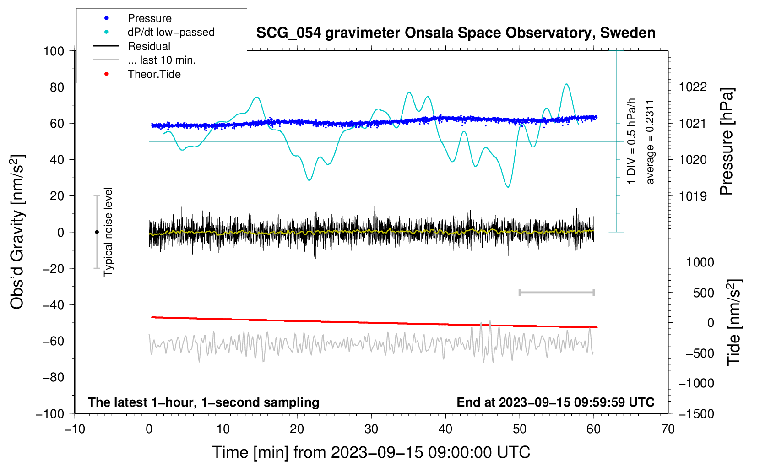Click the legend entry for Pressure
[149, 18]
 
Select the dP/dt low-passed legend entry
[171, 32]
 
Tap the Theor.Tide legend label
[154, 74]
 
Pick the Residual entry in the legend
[149, 46]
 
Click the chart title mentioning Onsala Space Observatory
[456, 33]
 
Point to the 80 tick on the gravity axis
[57, 87]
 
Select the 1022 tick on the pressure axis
[693, 87]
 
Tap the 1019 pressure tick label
[693, 196]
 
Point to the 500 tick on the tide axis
[703, 293]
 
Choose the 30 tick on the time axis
[371, 429]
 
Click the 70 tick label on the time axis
[668, 429]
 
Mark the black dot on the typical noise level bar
[97, 232]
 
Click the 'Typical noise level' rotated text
[108, 232]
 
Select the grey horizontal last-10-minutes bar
[556, 292]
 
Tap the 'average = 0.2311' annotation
[650, 142]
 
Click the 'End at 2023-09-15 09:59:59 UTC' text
[555, 402]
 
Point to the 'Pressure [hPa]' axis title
[727, 142]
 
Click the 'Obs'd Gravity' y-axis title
[17, 232]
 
